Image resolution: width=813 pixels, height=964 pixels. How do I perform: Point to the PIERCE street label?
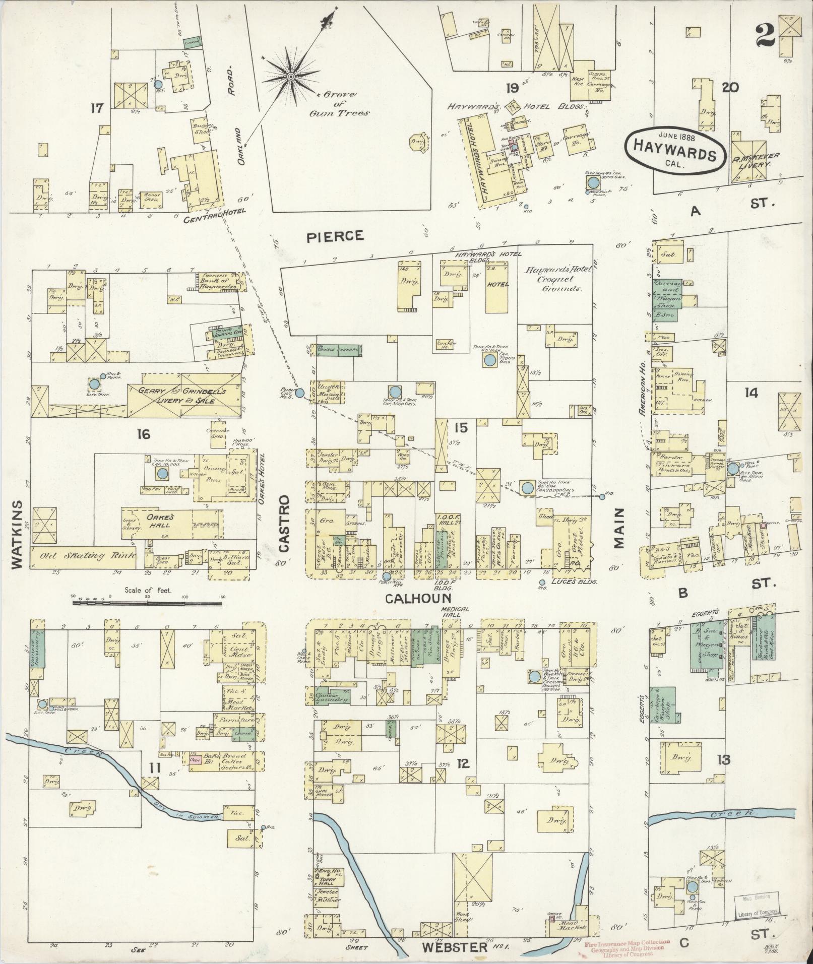point(335,236)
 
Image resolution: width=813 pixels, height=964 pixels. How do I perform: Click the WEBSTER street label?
point(455,946)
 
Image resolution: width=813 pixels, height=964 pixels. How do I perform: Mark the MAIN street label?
point(618,528)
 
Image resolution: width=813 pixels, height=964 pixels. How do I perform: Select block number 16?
point(144,433)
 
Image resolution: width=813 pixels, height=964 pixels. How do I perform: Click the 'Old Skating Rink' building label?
point(83,556)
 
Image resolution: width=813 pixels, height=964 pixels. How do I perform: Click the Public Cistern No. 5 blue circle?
point(299,393)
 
